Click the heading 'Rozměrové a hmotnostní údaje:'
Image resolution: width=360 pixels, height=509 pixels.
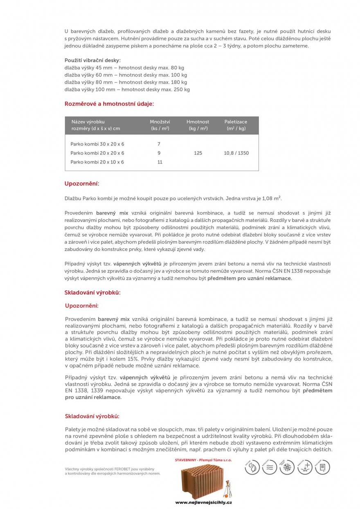tap(109, 104)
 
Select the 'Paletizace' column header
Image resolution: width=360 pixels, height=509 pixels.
tap(236, 122)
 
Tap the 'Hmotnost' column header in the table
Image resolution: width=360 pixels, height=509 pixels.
tap(198, 122)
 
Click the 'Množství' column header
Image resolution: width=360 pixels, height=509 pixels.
tap(160, 122)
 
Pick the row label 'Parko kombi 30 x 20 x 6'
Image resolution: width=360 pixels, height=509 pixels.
tap(97, 144)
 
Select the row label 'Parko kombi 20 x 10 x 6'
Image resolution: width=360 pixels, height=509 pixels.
tap(97, 162)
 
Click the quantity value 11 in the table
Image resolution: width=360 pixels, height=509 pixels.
tap(160, 162)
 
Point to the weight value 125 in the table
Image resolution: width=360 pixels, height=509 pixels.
tap(198, 153)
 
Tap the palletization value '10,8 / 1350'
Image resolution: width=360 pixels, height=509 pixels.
tap(236, 153)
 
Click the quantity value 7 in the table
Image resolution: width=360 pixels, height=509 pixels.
tap(159, 144)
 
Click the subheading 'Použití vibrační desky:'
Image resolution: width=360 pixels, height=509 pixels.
tap(92, 60)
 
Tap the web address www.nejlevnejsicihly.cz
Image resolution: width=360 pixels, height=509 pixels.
tap(203, 502)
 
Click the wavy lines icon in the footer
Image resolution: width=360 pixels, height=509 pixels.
tap(269, 467)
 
